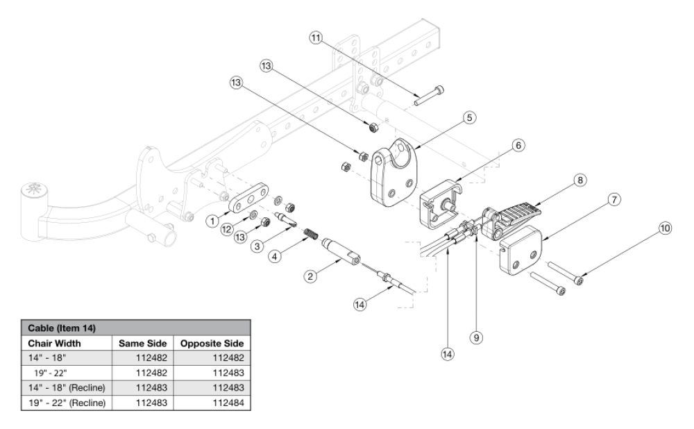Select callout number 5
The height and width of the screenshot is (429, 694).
tap(470, 118)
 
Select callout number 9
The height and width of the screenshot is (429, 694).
tap(476, 337)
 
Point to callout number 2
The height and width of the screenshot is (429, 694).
tap(311, 276)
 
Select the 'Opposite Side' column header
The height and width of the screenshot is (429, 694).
tap(212, 344)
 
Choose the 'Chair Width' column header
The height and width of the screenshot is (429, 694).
tap(55, 344)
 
